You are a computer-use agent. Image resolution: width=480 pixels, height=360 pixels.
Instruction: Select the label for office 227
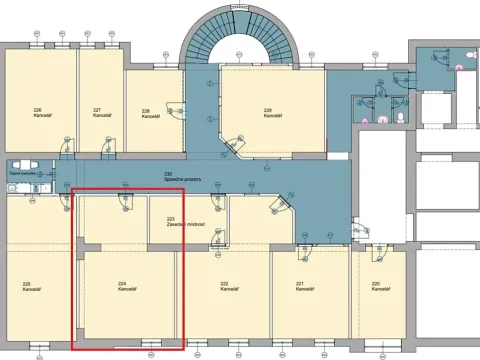[x=97, y=112]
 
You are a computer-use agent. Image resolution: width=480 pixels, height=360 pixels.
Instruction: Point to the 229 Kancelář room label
[x=268, y=113]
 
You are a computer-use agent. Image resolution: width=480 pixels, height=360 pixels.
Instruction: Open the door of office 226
[x=67, y=149]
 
